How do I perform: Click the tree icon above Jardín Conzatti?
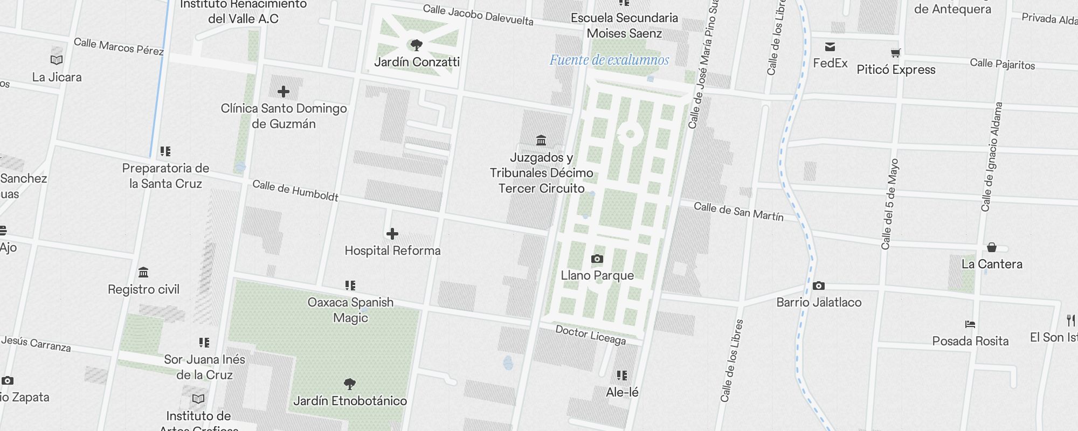pyautogui.click(x=416, y=45)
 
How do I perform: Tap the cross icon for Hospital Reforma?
pyautogui.click(x=392, y=234)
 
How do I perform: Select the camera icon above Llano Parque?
pyautogui.click(x=597, y=259)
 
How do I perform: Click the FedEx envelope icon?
pyautogui.click(x=830, y=47)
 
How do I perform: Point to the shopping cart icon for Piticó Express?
pyautogui.click(x=895, y=53)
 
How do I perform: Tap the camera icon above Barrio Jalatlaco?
pyautogui.click(x=818, y=286)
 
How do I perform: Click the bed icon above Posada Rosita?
pyautogui.click(x=970, y=324)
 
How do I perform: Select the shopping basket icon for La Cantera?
pyautogui.click(x=992, y=247)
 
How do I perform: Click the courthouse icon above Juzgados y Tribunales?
pyautogui.click(x=541, y=141)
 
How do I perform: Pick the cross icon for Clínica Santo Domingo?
pyautogui.click(x=284, y=92)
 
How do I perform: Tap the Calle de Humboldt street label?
pyautogui.click(x=295, y=191)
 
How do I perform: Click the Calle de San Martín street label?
pyautogui.click(x=738, y=212)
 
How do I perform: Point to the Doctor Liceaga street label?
pyautogui.click(x=591, y=335)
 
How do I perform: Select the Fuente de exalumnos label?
pyautogui.click(x=609, y=60)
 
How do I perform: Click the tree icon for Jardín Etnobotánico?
pyautogui.click(x=350, y=384)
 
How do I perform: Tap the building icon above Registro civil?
pyautogui.click(x=143, y=272)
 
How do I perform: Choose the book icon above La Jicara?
pyautogui.click(x=57, y=60)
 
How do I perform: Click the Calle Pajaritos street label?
pyautogui.click(x=1003, y=64)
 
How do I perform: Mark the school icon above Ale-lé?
pyautogui.click(x=622, y=375)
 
